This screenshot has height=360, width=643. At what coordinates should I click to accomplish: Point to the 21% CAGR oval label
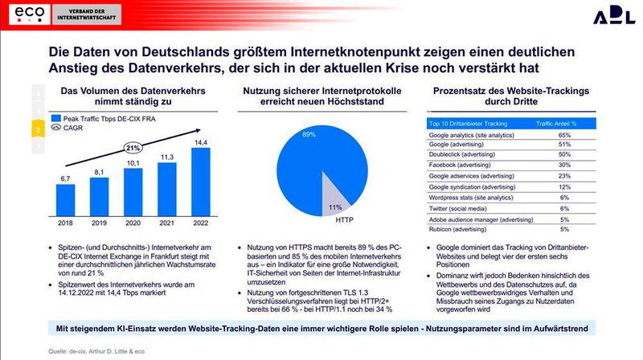pyautogui.click(x=133, y=148)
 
